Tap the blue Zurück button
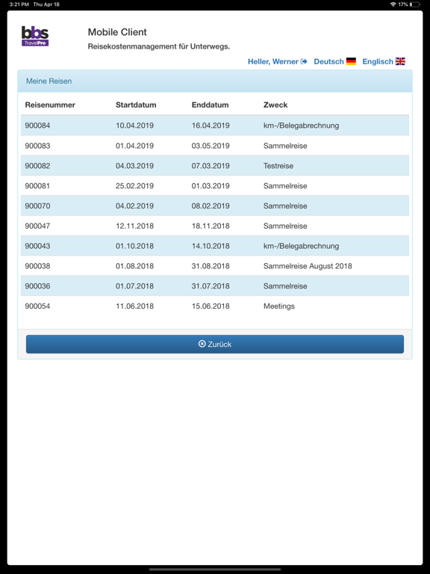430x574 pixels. point(215,344)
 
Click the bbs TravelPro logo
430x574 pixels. point(35,36)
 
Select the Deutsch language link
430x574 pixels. point(328,61)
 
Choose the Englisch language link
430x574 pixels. point(377,61)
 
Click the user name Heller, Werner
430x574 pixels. point(273,61)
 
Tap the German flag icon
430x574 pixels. point(351,61)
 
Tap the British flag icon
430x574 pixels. point(401,61)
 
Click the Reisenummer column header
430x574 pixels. point(50,105)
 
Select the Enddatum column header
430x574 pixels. point(210,105)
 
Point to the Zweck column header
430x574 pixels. point(275,105)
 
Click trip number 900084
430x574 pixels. point(37,126)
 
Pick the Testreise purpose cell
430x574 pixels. point(278,166)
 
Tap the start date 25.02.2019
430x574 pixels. point(134,186)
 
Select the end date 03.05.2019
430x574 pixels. point(211,146)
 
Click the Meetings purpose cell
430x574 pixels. point(279,306)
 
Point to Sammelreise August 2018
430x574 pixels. point(308,266)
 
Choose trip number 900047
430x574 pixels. point(37,226)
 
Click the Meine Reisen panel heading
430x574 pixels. point(49,81)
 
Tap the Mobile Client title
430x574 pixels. point(117,32)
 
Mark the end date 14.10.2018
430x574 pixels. point(211,246)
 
